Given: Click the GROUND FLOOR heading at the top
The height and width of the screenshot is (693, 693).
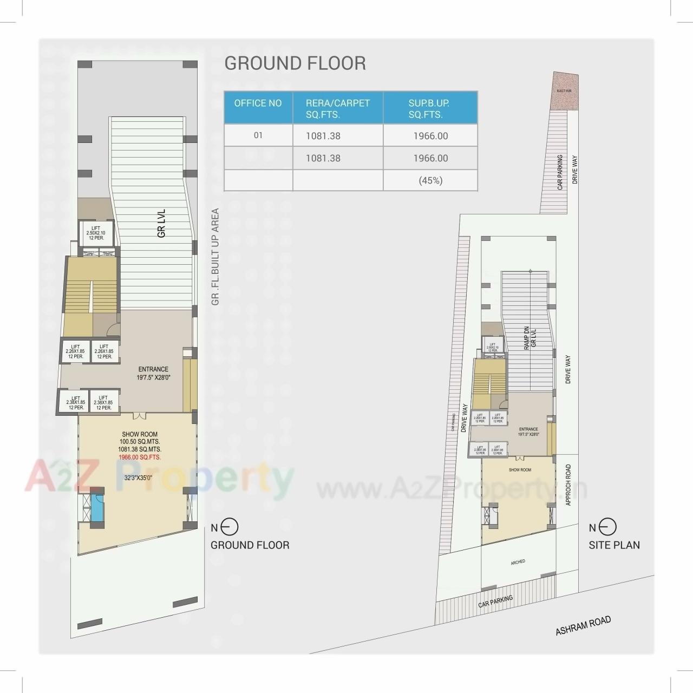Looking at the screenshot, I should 295,63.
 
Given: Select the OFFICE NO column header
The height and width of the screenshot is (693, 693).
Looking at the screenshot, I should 258,103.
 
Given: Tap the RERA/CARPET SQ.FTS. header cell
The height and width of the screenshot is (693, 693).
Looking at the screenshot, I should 337,108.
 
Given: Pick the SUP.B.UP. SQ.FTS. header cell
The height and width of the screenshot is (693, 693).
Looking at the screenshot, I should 429,108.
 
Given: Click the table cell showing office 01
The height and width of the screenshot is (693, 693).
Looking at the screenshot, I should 258,135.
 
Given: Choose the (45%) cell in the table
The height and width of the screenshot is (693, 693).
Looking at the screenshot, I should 430,180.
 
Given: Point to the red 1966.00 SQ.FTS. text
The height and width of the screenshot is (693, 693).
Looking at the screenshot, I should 140,457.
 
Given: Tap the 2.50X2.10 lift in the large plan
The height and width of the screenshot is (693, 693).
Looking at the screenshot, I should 96,233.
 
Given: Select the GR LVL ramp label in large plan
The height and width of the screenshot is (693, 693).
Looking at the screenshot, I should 161,223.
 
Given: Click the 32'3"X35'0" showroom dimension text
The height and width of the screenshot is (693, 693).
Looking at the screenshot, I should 138,478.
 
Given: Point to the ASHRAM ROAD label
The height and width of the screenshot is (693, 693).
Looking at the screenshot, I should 583,626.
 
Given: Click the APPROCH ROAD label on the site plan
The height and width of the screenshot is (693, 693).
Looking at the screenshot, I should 568,485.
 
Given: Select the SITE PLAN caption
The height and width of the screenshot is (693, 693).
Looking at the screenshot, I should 614,545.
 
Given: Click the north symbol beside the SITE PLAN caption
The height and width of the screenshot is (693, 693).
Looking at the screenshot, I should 608,527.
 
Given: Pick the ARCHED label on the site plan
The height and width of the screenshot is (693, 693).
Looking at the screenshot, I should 518,562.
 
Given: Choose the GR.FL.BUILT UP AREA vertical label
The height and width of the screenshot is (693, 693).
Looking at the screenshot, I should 215,257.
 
